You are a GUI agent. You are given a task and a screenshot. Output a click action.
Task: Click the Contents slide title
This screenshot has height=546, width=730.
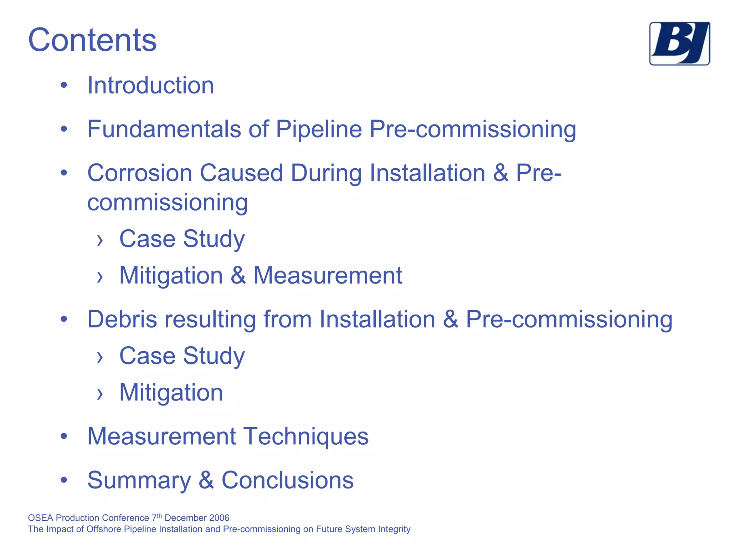(92, 40)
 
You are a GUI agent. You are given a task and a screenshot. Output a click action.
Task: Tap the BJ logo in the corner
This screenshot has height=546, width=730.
(679, 44)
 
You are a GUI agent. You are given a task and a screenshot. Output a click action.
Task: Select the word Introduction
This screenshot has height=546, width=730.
(150, 86)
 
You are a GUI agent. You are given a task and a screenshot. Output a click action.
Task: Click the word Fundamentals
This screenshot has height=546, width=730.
(164, 129)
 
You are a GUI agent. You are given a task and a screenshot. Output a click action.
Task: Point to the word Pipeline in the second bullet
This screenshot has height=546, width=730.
(319, 129)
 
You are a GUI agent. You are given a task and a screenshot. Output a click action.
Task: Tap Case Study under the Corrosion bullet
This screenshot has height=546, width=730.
(182, 239)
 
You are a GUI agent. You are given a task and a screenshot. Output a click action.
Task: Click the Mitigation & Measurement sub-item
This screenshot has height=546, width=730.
(261, 275)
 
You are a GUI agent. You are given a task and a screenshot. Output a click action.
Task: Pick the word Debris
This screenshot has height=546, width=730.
(122, 319)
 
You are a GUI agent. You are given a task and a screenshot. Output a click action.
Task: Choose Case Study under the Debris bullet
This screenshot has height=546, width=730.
(182, 356)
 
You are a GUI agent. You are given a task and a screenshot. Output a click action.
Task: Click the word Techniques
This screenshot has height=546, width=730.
(306, 436)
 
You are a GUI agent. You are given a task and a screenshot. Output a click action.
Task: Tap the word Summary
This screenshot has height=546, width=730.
(139, 480)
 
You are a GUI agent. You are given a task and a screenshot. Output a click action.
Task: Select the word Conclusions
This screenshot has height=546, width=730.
(288, 480)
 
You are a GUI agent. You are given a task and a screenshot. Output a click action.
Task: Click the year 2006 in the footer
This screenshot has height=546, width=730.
(219, 518)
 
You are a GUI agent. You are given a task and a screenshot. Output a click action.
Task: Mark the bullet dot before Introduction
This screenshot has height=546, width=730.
(64, 85)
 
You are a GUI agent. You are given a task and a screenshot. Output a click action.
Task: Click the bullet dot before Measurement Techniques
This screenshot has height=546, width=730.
(64, 436)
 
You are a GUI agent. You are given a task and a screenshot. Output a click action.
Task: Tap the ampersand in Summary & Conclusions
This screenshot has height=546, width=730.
(206, 480)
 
